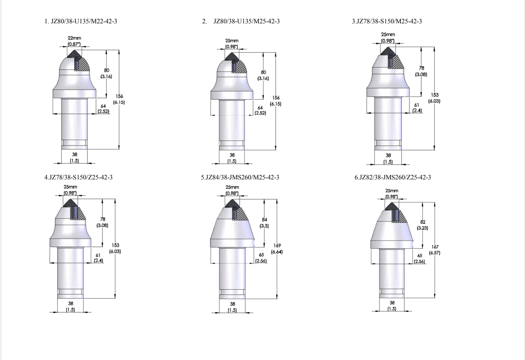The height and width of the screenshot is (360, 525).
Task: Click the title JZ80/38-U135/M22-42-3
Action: pyautogui.click(x=84, y=21)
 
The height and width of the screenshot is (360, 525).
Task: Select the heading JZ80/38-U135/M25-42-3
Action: pyautogui.click(x=247, y=21)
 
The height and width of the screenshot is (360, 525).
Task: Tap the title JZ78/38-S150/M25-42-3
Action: pyautogui.click(x=389, y=21)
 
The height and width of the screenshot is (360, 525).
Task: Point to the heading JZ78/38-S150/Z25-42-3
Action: pyautogui.click(x=81, y=177)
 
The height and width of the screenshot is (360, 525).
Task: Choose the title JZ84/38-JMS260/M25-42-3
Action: pyautogui.click(x=242, y=177)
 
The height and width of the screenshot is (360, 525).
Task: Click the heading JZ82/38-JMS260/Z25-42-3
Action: pyautogui.click(x=395, y=177)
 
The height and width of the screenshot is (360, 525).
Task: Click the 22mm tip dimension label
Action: pyautogui.click(x=74, y=38)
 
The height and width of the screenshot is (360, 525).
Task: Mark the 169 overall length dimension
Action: pyautogui.click(x=277, y=246)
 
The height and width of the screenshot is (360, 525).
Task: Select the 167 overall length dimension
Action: pyautogui.click(x=435, y=247)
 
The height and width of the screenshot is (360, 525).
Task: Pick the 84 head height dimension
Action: pyautogui.click(x=264, y=220)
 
